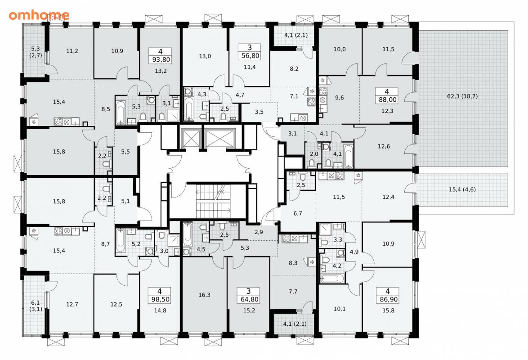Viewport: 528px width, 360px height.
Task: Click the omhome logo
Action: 39,15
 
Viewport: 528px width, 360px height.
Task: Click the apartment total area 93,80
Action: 161,60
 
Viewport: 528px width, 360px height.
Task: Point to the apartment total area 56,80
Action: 250,56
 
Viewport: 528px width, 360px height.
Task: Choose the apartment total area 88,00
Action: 387,100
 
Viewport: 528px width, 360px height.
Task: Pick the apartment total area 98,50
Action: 161,299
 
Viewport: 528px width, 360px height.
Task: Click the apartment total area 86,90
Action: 389,299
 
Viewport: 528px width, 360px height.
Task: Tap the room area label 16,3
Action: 204,295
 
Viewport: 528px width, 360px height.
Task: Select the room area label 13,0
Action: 205,56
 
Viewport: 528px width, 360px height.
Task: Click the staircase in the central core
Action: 214,201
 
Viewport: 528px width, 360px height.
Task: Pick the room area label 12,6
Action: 384,146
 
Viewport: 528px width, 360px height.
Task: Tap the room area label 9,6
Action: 340,98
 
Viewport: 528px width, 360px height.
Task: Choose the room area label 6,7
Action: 298,213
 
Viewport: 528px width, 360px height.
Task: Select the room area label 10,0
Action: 340,49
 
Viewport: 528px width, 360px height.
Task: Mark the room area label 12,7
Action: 72,304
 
